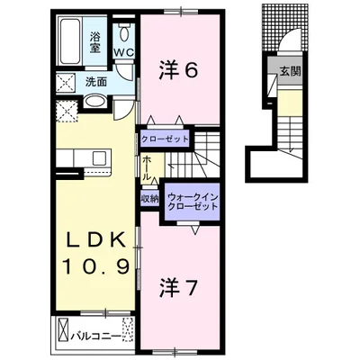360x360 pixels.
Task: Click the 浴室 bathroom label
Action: (94, 42)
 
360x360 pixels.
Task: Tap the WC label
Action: (123, 52)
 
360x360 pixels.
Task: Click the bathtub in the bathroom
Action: (70, 41)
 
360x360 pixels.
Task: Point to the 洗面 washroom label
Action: (96, 82)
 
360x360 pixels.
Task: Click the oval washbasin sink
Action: (94, 102)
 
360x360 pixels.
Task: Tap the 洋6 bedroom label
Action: (178, 71)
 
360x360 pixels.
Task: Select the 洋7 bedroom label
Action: (178, 287)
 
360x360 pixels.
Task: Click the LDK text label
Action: (95, 240)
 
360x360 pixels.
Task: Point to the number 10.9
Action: (95, 265)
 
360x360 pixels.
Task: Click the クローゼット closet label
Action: (165, 139)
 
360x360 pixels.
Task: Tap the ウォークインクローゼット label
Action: (193, 202)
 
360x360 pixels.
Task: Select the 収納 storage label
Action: (149, 199)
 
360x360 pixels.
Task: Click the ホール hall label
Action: (147, 168)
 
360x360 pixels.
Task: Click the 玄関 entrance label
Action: (290, 71)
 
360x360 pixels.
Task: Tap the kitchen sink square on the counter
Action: (99, 158)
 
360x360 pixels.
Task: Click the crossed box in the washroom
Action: (67, 83)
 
